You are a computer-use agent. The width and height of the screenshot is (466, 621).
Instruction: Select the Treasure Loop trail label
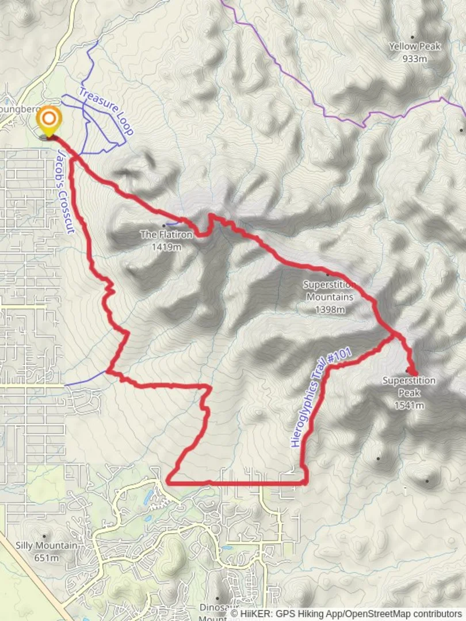click(106, 111)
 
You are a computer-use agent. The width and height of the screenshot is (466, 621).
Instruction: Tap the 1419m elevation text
click(167, 247)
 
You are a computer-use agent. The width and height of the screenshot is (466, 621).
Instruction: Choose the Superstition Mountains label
click(329, 290)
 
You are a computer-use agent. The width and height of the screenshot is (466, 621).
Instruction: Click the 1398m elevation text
click(330, 309)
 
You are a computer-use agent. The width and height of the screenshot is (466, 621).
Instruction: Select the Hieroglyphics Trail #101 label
click(320, 397)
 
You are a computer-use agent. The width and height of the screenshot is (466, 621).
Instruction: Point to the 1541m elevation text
click(409, 405)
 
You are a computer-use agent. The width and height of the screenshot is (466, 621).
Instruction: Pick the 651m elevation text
click(46, 557)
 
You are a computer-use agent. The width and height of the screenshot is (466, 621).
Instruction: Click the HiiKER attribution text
click(345, 614)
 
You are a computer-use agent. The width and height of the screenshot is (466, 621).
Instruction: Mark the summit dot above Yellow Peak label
click(412, 35)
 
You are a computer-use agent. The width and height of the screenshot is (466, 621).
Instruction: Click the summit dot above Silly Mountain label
click(44, 536)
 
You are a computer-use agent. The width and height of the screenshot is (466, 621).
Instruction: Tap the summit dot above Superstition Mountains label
click(327, 274)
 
